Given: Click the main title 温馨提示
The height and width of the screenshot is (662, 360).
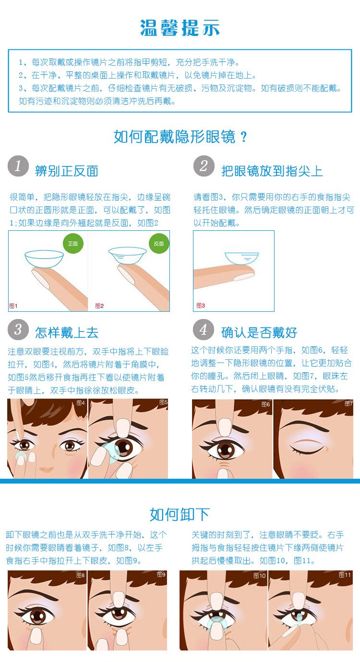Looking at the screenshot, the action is (x=180, y=28).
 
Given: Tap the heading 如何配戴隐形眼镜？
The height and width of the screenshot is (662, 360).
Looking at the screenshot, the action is (x=180, y=137).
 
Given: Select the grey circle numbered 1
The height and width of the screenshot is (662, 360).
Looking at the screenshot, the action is (x=18, y=166).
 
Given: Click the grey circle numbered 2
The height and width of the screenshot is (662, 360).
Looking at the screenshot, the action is (x=204, y=166).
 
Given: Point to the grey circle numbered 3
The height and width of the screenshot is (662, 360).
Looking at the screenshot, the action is (x=18, y=330).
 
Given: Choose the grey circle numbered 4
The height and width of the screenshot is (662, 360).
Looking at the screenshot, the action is (x=203, y=330).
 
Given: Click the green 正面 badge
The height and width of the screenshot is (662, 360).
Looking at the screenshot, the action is (x=73, y=244).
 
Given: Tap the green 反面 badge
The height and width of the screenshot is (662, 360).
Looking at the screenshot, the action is (x=159, y=244).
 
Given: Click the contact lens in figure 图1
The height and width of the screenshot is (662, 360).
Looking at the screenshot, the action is (x=44, y=259).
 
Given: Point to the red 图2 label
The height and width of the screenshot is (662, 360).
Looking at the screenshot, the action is (x=99, y=306).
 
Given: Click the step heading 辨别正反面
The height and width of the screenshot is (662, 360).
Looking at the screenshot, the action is (x=67, y=171).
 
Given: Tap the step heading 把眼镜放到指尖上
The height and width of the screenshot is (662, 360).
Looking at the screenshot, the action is (x=272, y=171).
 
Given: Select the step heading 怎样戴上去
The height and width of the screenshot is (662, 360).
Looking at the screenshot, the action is (x=67, y=333).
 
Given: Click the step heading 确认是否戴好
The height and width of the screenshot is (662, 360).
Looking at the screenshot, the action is (x=259, y=333).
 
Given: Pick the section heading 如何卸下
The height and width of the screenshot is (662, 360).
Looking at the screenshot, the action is (x=180, y=515).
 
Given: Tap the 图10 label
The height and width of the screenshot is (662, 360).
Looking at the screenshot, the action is (x=259, y=576).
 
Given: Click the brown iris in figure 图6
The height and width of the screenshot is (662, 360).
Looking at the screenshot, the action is (x=226, y=450).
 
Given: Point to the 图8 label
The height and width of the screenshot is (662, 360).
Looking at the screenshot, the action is (x=81, y=575).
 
